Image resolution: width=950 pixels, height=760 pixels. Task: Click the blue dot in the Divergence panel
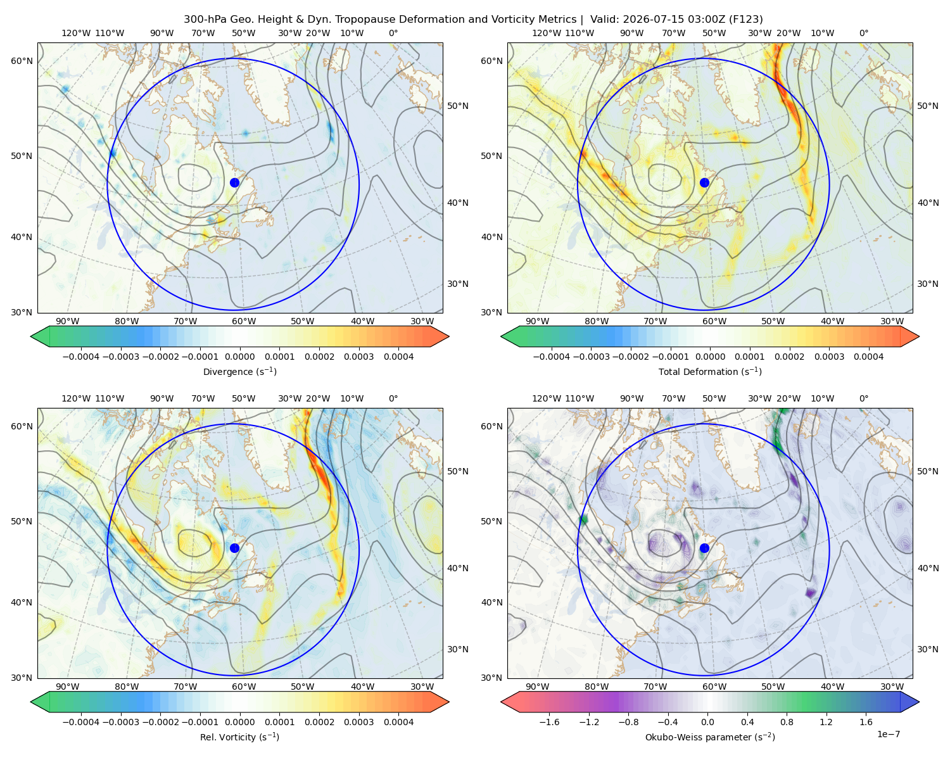tap(234, 182)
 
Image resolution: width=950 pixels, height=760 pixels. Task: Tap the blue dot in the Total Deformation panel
tap(704, 182)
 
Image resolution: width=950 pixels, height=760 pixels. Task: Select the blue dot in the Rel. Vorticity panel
tap(234, 548)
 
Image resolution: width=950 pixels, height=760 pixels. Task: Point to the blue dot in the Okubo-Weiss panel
tap(704, 548)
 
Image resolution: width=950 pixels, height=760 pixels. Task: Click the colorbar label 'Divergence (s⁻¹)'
tap(239, 371)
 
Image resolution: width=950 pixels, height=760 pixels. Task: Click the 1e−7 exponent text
tap(888, 734)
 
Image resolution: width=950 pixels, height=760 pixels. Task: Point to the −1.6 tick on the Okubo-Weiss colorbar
tap(549, 721)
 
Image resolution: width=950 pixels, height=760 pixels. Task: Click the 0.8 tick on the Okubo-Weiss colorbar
tap(787, 721)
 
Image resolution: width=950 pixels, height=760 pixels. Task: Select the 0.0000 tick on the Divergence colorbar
tap(239, 357)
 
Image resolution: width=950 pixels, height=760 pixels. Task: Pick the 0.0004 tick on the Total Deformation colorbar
tap(868, 357)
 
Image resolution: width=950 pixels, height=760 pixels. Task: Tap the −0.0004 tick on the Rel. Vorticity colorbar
tap(81, 721)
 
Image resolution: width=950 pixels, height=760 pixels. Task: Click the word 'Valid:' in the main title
tap(604, 20)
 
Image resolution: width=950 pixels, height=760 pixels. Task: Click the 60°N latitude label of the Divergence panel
tap(22, 61)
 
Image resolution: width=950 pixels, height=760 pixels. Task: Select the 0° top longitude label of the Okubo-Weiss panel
tap(863, 398)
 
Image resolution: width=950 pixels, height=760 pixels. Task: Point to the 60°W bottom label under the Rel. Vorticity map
tap(244, 687)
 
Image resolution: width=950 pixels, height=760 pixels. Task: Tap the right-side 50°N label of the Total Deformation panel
tap(927, 106)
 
